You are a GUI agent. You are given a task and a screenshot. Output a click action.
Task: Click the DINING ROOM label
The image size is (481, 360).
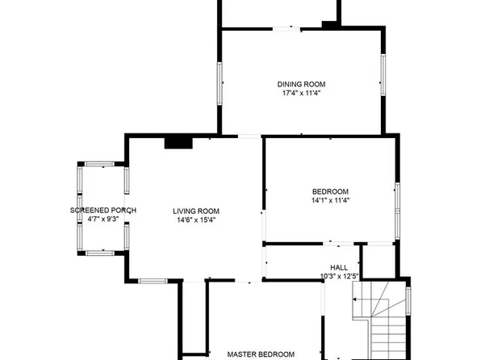click(x=301, y=84)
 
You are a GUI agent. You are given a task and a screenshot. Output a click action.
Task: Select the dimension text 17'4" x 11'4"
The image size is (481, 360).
click(x=301, y=94)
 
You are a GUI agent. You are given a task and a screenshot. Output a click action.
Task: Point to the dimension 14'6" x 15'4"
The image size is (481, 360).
click(x=195, y=220)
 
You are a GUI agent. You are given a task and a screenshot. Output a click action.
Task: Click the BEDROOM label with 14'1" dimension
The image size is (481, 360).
click(x=329, y=190)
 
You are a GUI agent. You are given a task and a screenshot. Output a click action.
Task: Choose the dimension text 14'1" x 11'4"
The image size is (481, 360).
click(x=329, y=200)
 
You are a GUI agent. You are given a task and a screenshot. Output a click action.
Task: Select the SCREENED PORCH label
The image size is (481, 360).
click(x=102, y=211)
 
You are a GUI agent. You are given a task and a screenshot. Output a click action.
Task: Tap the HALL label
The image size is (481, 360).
click(x=340, y=268)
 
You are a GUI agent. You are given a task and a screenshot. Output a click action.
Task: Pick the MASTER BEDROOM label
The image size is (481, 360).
click(x=261, y=354)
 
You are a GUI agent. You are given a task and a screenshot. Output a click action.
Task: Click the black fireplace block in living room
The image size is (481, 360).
click(x=178, y=142)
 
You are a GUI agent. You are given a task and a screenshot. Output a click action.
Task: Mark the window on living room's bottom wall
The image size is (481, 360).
click(x=152, y=280)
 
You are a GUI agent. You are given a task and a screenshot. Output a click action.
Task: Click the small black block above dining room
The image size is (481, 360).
click(x=329, y=24)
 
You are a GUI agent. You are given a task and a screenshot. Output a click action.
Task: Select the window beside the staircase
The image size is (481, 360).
click(x=408, y=299)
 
